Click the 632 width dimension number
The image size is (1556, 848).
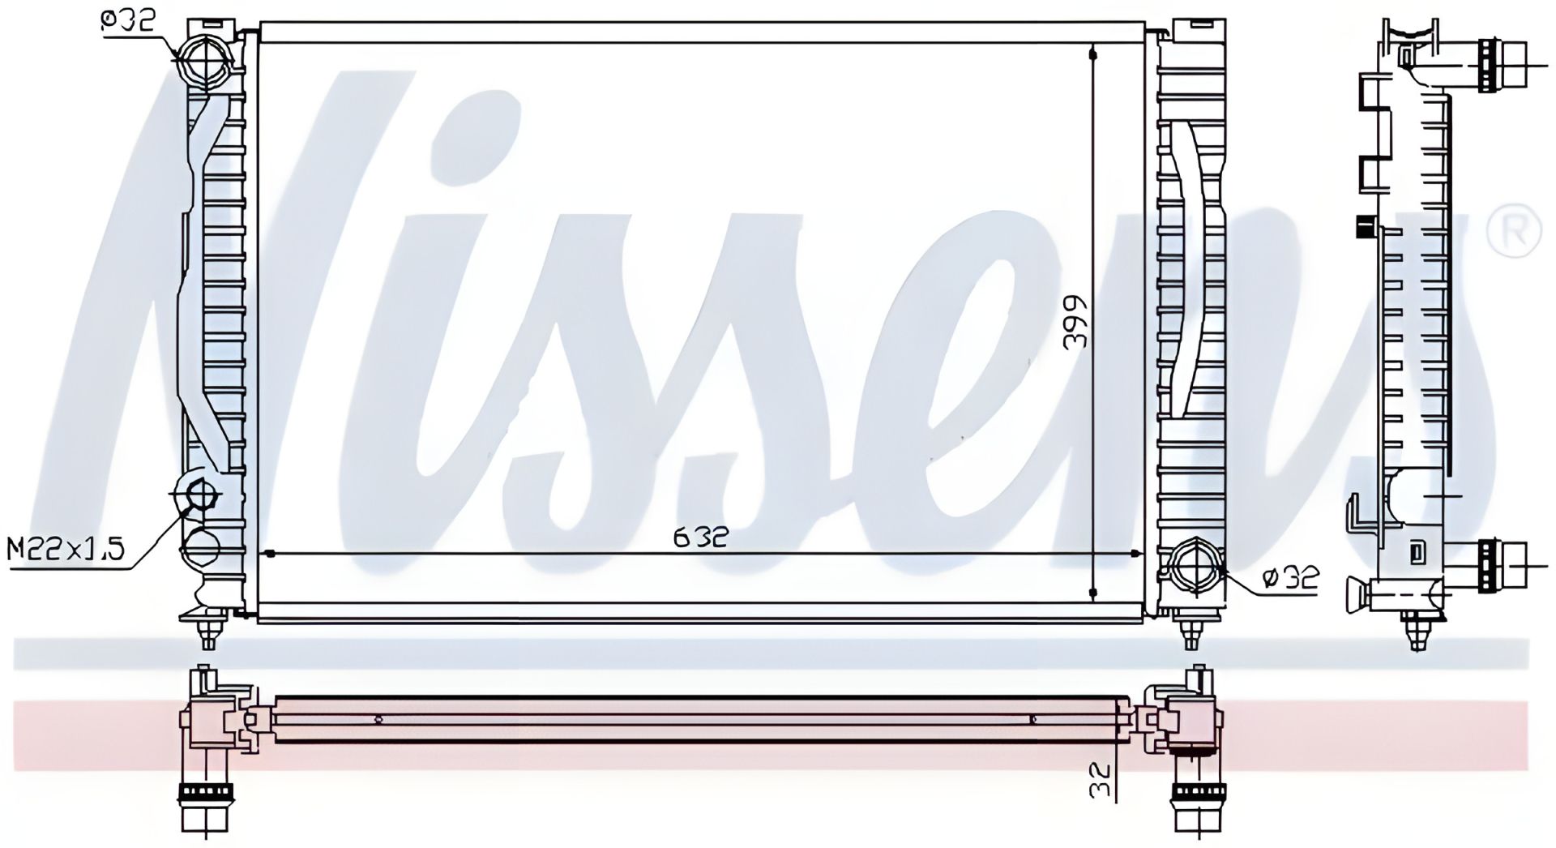700,536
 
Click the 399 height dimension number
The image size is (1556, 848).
1075,321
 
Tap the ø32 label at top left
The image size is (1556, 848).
127,20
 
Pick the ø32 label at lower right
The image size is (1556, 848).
1292,577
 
